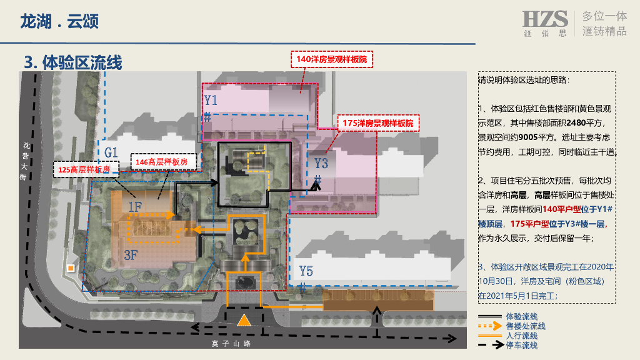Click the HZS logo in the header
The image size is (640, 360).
[545, 22]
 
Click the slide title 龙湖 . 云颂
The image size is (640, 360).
[59, 22]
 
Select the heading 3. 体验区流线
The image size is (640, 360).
[73, 62]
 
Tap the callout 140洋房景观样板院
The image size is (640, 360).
[332, 59]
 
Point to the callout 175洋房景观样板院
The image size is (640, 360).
[377, 123]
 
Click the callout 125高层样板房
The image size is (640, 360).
[84, 169]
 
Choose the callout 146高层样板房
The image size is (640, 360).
[161, 162]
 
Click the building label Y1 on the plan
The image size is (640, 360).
[211, 100]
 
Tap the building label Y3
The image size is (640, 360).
[321, 164]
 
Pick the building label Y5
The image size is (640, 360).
[306, 271]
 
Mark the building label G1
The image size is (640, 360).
[111, 152]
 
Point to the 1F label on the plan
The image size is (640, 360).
[135, 206]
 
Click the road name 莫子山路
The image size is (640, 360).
[231, 343]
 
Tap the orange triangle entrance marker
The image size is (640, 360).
[244, 321]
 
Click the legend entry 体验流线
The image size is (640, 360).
[521, 317]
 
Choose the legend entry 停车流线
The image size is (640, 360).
[521, 345]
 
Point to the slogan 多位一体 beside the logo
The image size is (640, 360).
[604, 16]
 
